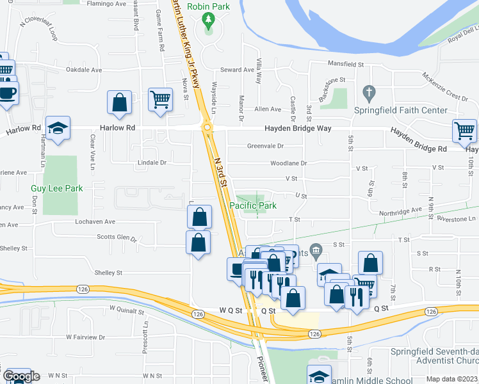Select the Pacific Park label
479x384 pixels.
[x=253, y=205]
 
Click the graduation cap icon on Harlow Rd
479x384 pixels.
[x=58, y=129]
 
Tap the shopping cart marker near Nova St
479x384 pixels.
[x=160, y=99]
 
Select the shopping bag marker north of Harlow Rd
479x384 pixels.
[x=119, y=102]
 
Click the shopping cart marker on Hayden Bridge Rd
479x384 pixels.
[x=465, y=131]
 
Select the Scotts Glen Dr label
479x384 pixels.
[x=116, y=237]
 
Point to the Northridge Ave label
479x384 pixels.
[x=401, y=209]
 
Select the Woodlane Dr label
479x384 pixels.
[x=288, y=163]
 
